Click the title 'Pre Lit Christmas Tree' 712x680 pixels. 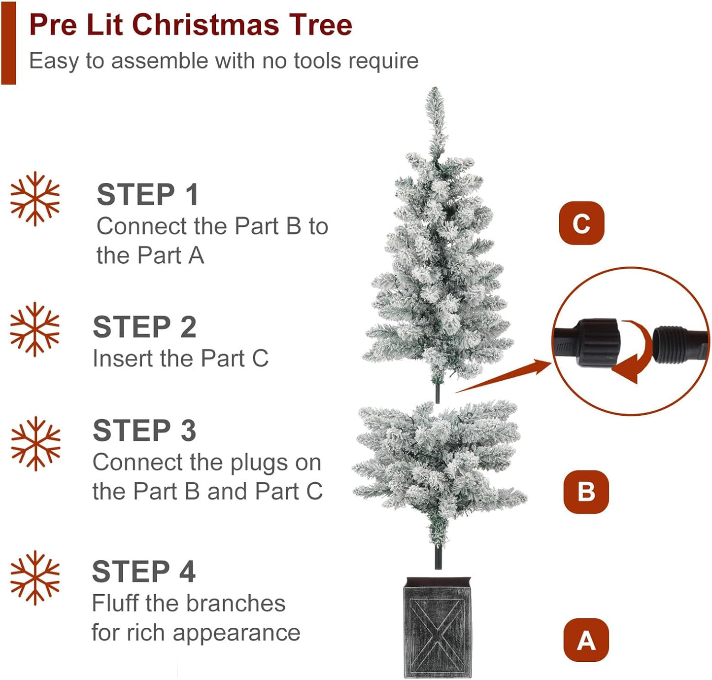click(191, 25)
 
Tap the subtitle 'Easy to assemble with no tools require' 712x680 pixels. click(224, 61)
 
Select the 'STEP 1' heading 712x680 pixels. click(147, 194)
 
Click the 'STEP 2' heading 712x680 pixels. click(144, 327)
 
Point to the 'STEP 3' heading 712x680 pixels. click(144, 430)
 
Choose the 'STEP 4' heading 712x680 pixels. click(143, 572)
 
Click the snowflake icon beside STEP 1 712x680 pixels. click(35, 199)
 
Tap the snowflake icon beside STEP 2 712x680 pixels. click(35, 329)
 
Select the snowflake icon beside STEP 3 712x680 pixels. click(35, 444)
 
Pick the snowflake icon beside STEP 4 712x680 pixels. click(35, 578)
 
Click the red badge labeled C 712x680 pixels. click(581, 223)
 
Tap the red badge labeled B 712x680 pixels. click(586, 492)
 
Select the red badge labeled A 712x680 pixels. click(586, 640)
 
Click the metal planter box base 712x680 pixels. click(437, 629)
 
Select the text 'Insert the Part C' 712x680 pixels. click(180, 358)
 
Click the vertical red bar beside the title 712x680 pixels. click(8, 43)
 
